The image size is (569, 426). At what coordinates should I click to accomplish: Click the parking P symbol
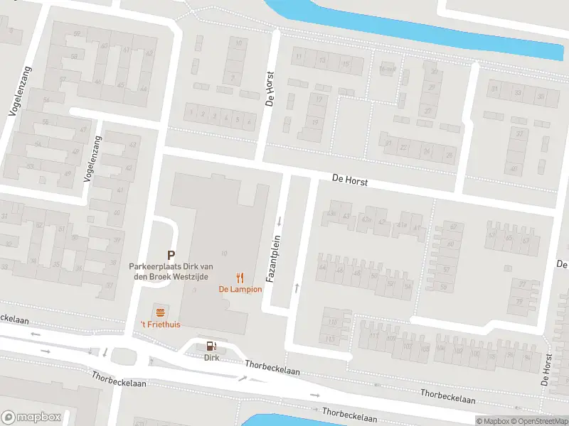tap(171, 254)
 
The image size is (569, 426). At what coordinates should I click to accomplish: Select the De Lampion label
tap(240, 289)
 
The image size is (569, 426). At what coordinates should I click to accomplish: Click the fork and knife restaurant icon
tap(240, 278)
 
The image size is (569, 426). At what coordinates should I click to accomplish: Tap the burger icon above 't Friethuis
tap(160, 312)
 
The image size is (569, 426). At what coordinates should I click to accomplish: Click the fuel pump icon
tap(211, 346)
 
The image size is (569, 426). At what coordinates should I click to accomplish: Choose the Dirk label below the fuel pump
tap(211, 357)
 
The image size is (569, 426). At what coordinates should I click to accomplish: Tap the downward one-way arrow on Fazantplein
tap(280, 219)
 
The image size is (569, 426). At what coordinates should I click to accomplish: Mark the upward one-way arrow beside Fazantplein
tap(297, 288)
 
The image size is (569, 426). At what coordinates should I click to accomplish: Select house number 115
tap(330, 339)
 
